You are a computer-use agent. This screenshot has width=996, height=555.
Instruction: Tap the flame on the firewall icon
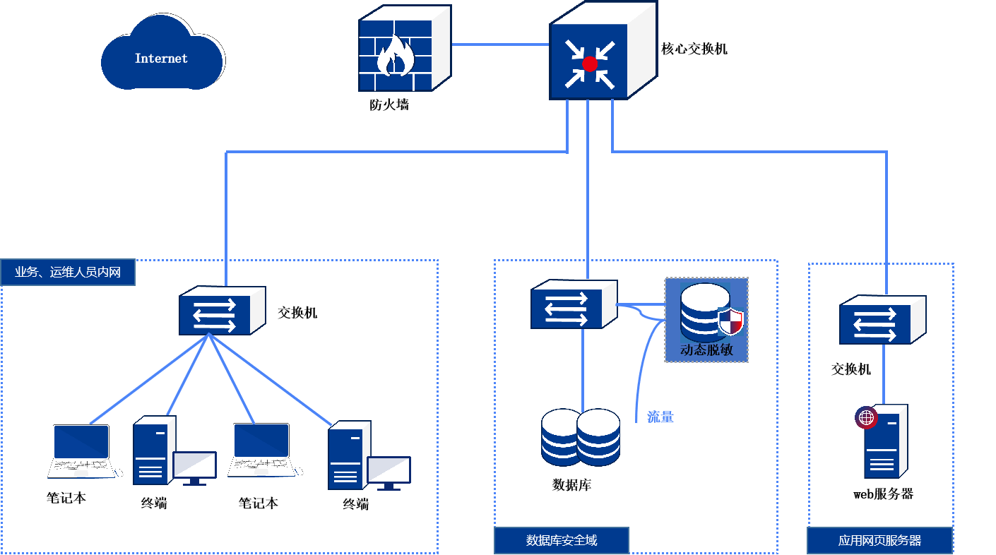[x=396, y=56]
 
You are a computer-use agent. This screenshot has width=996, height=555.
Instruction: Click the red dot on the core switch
[x=589, y=64]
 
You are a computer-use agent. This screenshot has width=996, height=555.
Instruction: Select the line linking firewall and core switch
[x=500, y=44]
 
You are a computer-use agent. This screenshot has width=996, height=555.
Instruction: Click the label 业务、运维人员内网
[x=68, y=272]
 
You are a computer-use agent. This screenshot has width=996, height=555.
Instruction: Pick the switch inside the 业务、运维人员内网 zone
[x=221, y=311]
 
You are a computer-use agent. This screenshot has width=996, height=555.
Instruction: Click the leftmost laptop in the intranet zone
[x=81, y=451]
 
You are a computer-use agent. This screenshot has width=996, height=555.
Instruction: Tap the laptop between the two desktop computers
[x=261, y=450]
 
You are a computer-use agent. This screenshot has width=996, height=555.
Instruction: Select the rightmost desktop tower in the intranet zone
[x=348, y=455]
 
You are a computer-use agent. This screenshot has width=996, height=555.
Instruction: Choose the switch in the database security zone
[x=573, y=304]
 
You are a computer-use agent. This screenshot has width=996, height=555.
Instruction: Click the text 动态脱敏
[x=705, y=349]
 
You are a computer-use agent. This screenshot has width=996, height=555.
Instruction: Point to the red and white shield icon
[x=731, y=322]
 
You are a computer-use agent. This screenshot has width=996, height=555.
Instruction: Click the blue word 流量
[x=660, y=417]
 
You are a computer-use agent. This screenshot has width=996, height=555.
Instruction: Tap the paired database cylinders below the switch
[x=580, y=437]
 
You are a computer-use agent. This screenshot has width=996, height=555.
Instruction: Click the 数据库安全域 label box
[x=561, y=540]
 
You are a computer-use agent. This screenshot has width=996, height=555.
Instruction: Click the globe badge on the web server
[x=866, y=417]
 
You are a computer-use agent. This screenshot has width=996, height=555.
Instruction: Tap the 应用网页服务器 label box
[x=879, y=541]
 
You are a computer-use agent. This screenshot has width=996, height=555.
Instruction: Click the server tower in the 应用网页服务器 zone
[x=884, y=443]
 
